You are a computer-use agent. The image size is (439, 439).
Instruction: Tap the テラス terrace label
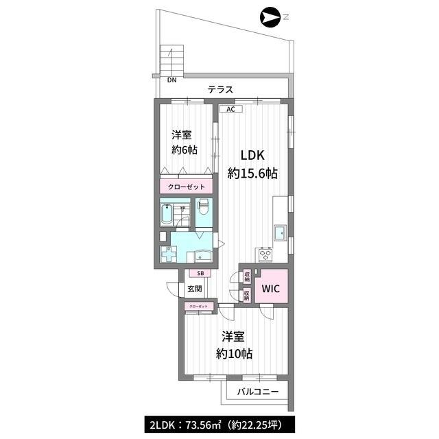pos(220,90)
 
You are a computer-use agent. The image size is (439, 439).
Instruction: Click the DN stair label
pos(172,80)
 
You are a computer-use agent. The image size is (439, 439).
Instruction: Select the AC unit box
pos(230,109)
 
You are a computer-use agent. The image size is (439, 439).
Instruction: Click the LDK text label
pos(252,156)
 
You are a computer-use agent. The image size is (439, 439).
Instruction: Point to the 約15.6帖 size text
pos(252,174)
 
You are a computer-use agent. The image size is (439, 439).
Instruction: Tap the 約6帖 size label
pos(185,150)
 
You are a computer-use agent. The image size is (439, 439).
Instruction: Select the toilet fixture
pos(204,206)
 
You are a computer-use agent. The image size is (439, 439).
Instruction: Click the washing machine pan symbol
pos(168,254)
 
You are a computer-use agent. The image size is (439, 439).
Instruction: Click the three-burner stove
pos(264,254)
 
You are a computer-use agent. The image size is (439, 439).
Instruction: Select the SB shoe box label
pos(200,273)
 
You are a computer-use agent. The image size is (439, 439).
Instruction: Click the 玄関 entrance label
pos(195,288)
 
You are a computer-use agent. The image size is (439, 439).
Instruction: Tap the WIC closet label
pos(271,288)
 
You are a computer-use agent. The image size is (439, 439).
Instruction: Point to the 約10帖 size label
pos(234,354)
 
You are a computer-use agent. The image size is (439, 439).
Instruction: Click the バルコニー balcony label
pos(258,392)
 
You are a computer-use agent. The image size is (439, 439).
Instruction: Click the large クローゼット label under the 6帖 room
pos(186,187)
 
